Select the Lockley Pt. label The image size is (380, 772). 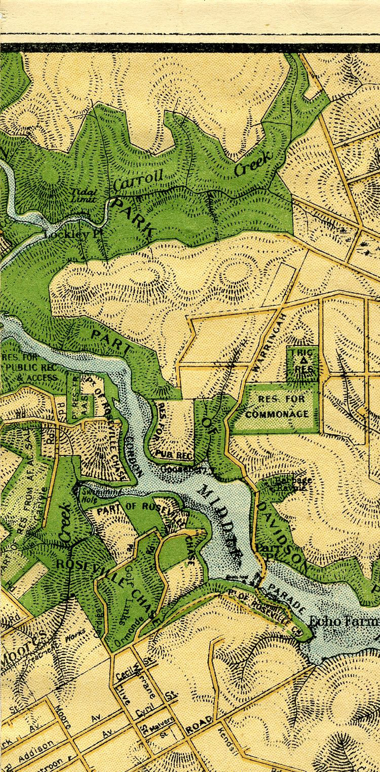67,234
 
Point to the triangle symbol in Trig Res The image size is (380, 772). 303,360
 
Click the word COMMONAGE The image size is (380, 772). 277,414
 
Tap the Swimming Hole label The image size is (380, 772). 96,494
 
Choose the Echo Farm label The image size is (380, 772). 344,622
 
